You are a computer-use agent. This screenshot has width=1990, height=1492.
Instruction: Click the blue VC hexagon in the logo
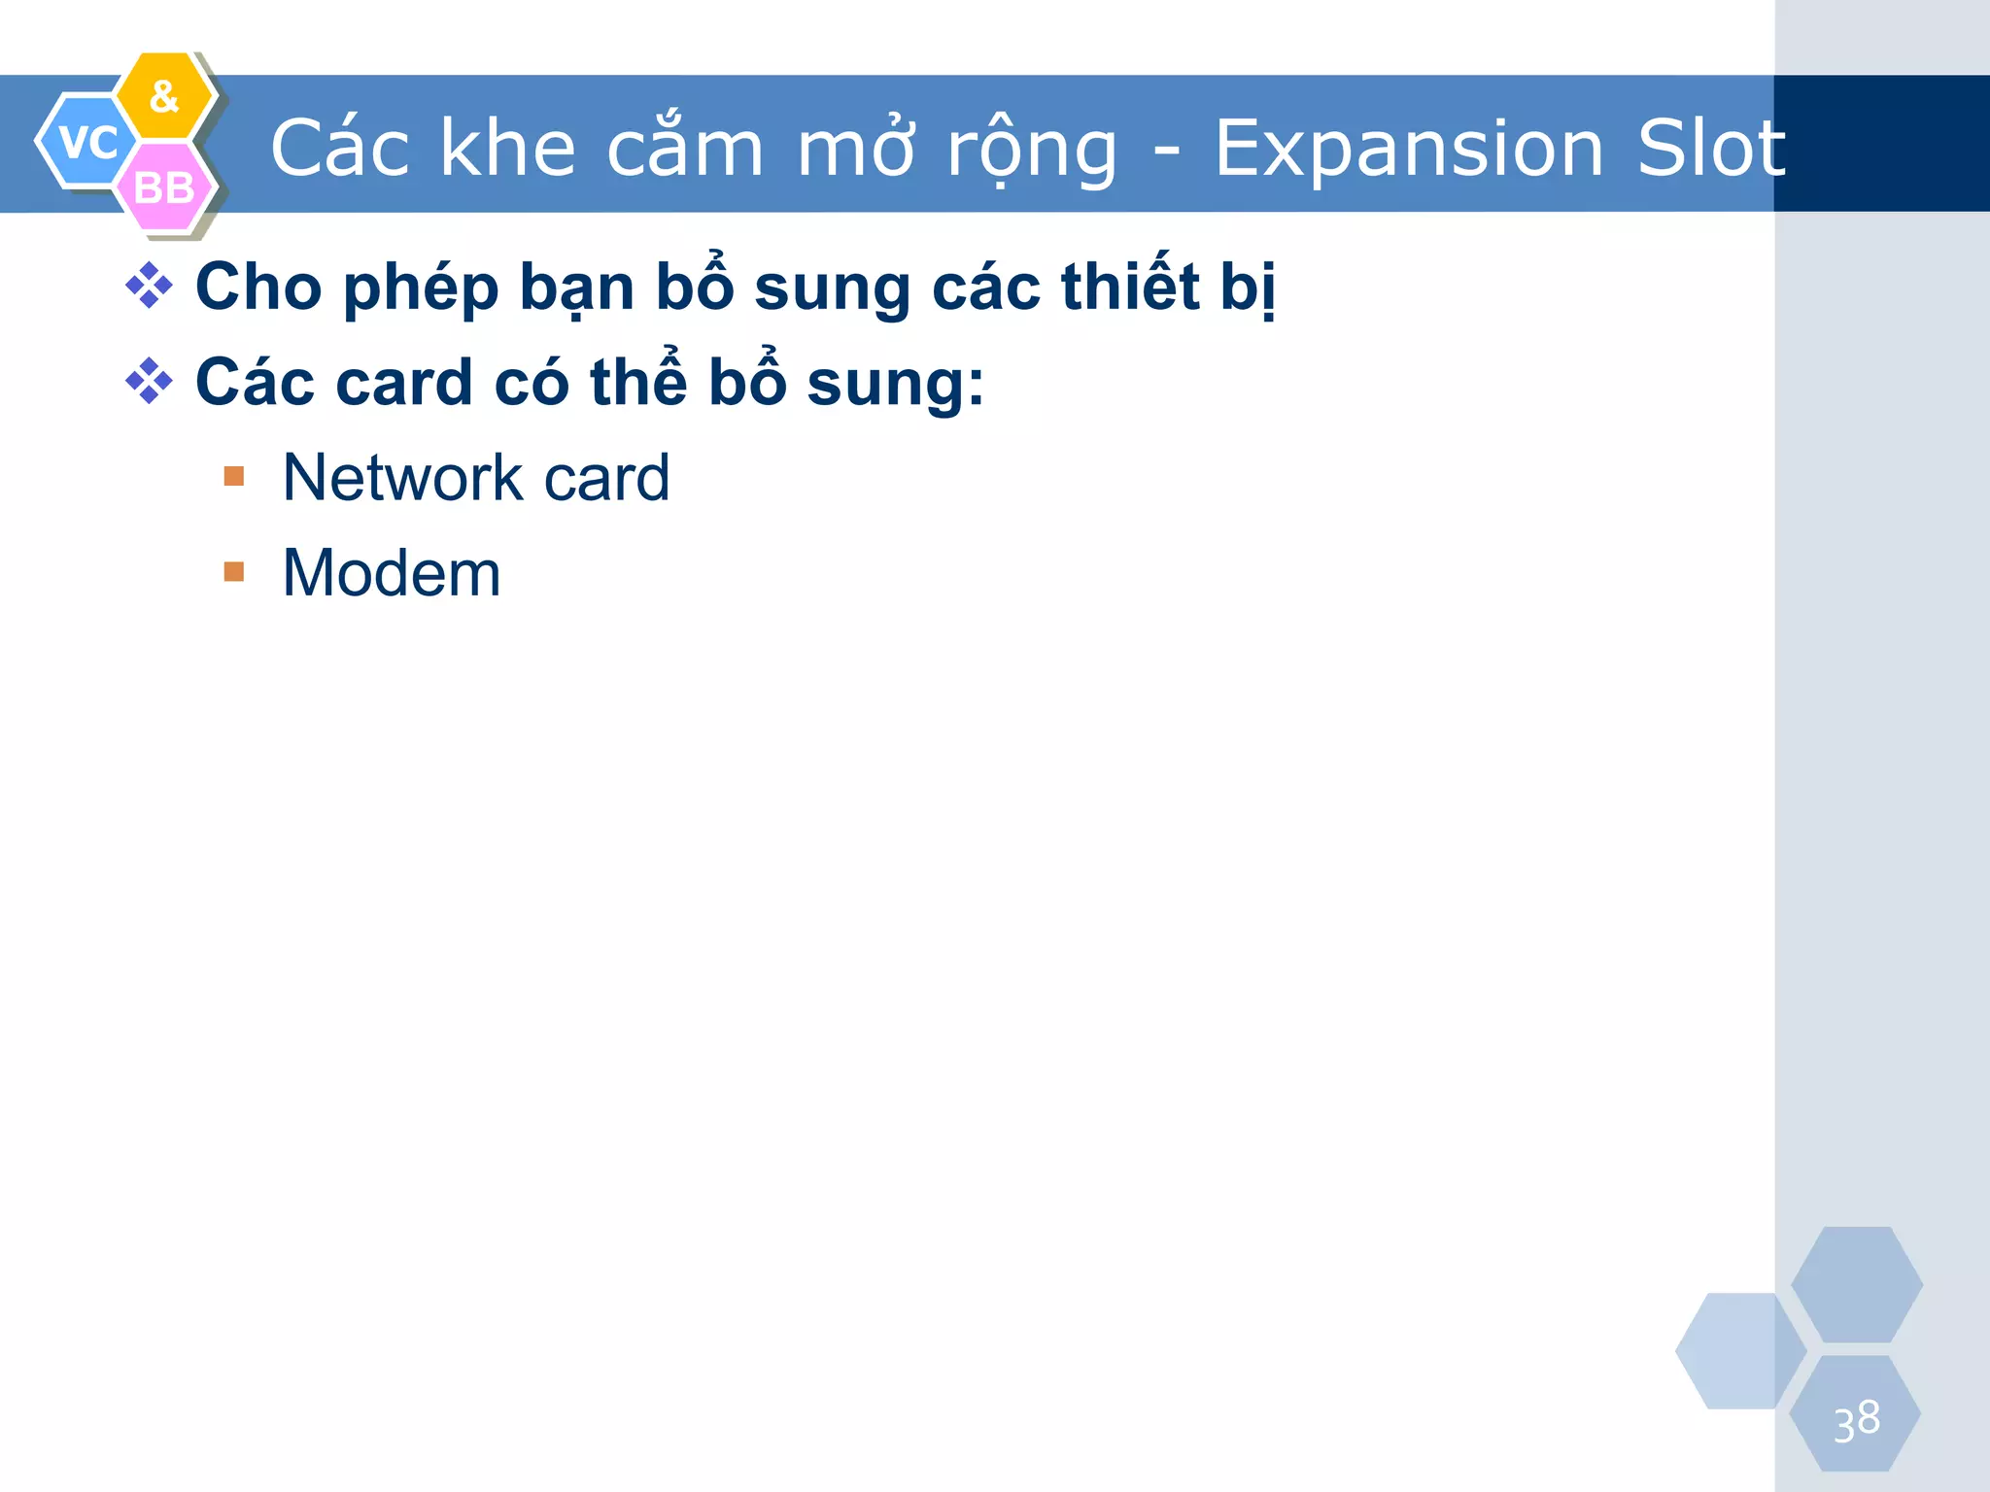coord(86,142)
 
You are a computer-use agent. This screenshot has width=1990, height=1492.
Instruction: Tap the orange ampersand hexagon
coord(165,95)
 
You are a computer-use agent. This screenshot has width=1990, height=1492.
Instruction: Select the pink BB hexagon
coord(163,187)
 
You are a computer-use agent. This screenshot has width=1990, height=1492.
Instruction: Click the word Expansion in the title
coord(1409,149)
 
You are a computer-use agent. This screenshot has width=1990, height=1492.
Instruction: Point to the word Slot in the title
coord(1711,149)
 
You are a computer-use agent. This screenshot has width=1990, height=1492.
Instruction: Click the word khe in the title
coord(508,149)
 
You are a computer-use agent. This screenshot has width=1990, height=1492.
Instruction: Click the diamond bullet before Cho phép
coord(149,286)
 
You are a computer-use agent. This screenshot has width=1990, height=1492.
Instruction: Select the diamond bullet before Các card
coord(149,381)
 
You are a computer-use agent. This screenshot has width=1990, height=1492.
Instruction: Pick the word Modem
coord(392,572)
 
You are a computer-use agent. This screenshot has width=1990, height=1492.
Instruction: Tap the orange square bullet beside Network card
coord(234,476)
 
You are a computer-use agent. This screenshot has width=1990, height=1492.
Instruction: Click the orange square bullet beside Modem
coord(234,571)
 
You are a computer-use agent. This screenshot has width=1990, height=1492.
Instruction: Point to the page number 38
coord(1856,1421)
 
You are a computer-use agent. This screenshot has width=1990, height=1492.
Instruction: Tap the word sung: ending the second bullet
coord(895,383)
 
